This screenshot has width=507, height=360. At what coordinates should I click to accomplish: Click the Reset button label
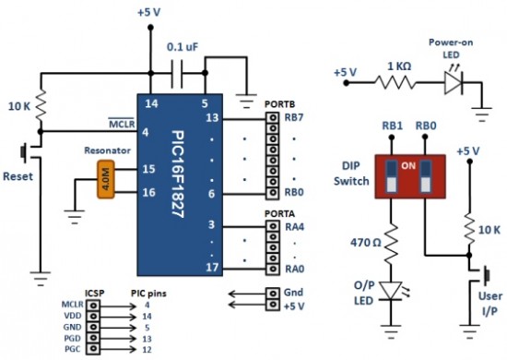19,175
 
